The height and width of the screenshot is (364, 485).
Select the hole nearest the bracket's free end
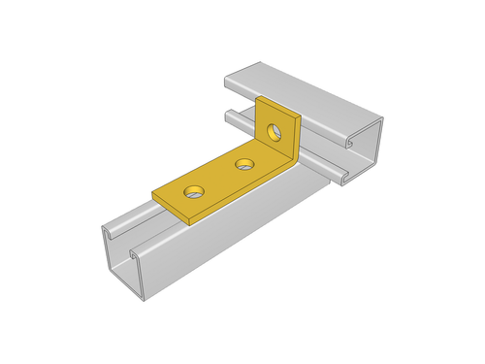click(x=196, y=190)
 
